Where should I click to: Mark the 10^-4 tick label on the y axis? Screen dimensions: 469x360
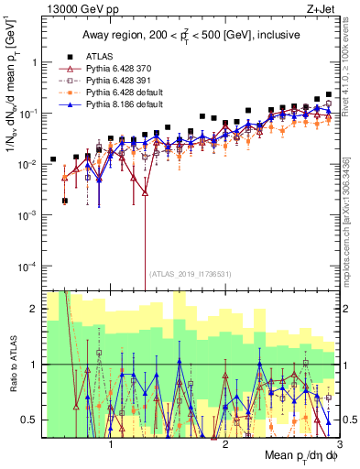27,266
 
